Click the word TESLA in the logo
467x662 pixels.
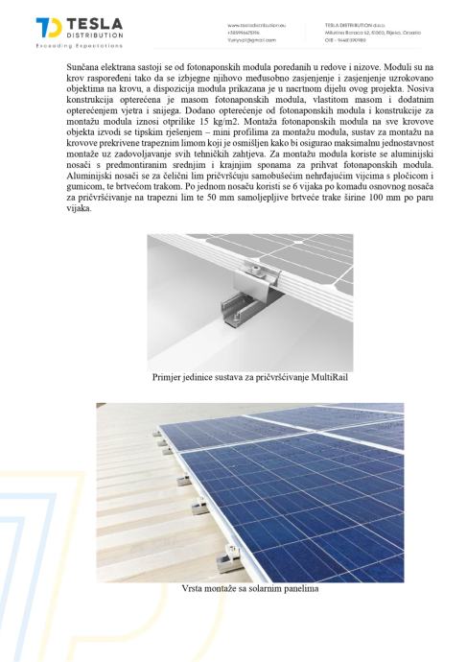pyautogui.click(x=96, y=24)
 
